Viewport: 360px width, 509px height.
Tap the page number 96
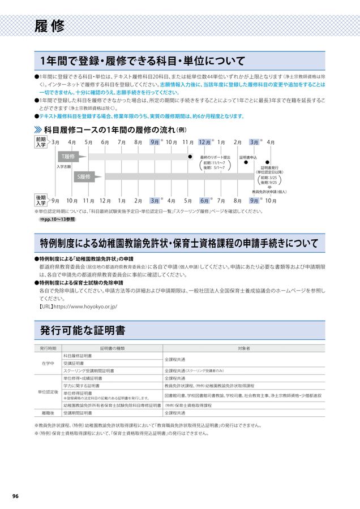(15, 496)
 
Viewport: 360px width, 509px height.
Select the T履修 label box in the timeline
(68, 156)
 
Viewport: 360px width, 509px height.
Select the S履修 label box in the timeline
(84, 177)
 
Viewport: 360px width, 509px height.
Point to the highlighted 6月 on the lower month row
(205, 200)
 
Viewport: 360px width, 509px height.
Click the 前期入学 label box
(41, 142)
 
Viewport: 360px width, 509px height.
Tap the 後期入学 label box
(41, 200)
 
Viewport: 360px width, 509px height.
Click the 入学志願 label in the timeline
(63, 167)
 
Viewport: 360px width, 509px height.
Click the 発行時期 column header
(48, 348)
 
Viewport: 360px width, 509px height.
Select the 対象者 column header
(245, 348)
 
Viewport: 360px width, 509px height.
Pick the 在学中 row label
(48, 363)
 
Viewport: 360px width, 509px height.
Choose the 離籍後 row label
(48, 413)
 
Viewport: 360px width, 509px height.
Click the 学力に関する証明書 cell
(82, 385)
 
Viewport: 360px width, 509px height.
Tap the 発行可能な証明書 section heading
(83, 330)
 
